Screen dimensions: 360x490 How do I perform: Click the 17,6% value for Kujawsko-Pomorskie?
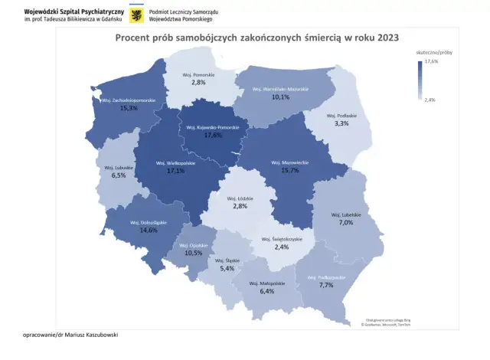tap(213, 136)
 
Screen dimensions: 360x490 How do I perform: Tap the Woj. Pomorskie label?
tap(198, 74)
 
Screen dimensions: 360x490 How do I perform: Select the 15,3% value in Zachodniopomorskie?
tap(128, 109)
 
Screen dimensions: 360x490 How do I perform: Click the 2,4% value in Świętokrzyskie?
tap(283, 247)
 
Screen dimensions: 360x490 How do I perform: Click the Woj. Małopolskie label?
tap(267, 283)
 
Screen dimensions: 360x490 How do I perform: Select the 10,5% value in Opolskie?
tap(193, 253)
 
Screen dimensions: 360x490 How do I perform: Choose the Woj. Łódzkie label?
tap(240, 198)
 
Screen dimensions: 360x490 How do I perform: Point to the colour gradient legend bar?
tap(420, 80)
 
